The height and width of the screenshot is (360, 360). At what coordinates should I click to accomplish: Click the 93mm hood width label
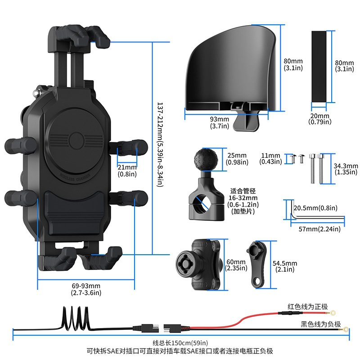[220, 122]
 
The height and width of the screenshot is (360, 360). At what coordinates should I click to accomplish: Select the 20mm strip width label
[320, 118]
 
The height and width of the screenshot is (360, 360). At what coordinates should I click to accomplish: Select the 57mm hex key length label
[320, 229]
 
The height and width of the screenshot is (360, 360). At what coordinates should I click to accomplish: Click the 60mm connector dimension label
[236, 265]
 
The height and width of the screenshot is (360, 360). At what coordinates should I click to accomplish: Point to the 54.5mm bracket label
[285, 266]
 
